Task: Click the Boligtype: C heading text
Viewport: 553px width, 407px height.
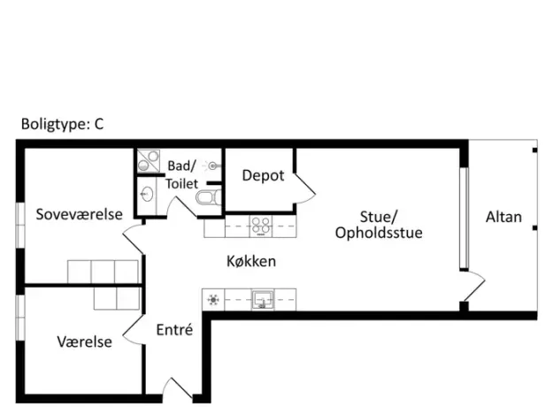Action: (63, 124)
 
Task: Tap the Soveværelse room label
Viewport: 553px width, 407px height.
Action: (80, 214)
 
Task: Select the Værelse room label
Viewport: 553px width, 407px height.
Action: (85, 342)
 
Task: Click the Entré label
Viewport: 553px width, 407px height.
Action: (174, 330)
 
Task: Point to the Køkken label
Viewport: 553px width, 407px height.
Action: (251, 261)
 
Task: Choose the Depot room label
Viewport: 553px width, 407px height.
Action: (263, 176)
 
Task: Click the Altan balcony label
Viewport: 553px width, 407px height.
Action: (503, 217)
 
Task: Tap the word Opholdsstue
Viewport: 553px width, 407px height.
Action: (379, 233)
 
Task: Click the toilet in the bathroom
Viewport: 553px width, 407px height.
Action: (209, 197)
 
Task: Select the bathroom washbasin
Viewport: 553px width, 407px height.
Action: (147, 194)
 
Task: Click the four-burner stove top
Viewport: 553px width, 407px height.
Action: (261, 227)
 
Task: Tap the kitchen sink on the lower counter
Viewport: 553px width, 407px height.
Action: (263, 300)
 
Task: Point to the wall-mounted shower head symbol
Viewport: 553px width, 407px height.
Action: (212, 165)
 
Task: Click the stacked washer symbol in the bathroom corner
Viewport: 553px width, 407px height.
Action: (149, 161)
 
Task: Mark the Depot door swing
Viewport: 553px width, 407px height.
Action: (305, 189)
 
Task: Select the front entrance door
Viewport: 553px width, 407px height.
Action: (179, 389)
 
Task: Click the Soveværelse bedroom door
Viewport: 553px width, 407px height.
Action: (134, 238)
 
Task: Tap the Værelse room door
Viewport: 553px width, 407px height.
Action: (134, 329)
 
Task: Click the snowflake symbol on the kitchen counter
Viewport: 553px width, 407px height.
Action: (213, 300)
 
